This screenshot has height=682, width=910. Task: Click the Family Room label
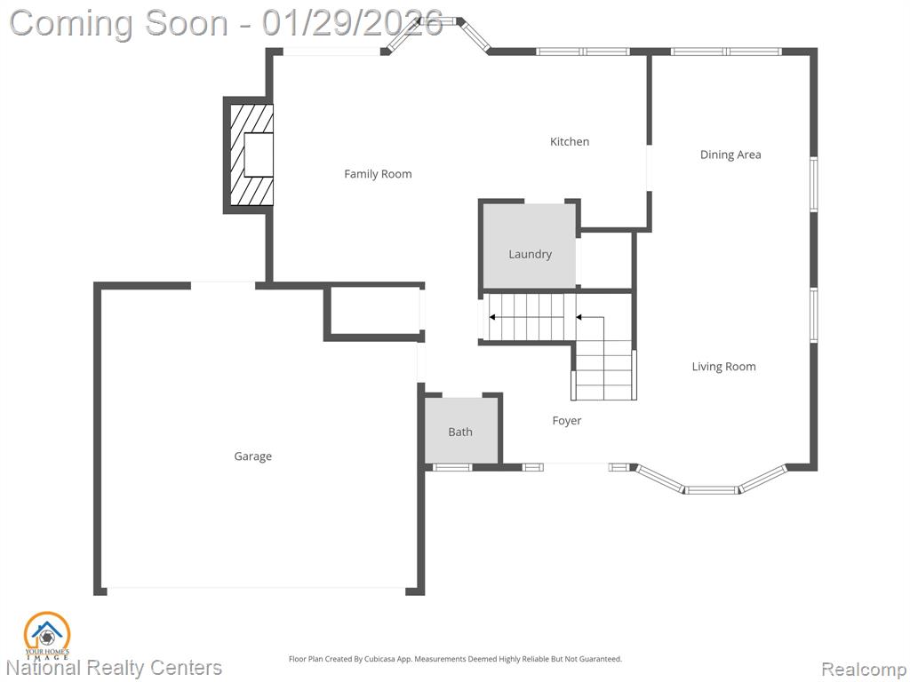[x=378, y=174]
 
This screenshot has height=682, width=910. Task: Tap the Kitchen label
[x=570, y=141]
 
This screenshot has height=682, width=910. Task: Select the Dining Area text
[x=730, y=155]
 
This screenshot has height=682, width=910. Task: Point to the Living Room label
[x=723, y=367]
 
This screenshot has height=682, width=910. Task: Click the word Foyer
[x=566, y=421]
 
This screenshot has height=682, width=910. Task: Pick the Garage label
[x=252, y=456]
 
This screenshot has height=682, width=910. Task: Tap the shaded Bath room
[x=461, y=431]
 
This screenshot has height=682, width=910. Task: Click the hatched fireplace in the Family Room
[x=251, y=155]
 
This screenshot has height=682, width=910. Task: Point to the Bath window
[x=452, y=467]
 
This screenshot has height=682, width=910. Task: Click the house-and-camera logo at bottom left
[x=47, y=636]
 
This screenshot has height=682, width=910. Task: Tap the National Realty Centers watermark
[x=115, y=668]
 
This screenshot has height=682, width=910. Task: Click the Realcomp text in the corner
[x=863, y=670]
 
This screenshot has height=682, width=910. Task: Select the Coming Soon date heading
[x=227, y=23]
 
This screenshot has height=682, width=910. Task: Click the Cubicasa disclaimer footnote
[x=455, y=659]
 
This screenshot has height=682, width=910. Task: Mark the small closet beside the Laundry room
[x=605, y=260]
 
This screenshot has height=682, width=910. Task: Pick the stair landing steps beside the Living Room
[x=604, y=370]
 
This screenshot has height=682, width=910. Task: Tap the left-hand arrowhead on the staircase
[x=492, y=317]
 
